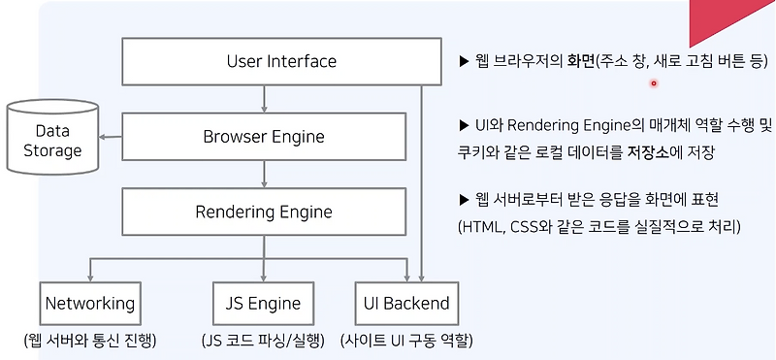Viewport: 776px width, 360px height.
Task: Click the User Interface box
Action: click(281, 61)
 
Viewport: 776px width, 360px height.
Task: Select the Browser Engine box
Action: click(264, 137)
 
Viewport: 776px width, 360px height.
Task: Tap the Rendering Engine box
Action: click(264, 212)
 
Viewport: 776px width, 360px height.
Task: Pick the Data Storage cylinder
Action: click(52, 137)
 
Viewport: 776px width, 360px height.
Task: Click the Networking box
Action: click(90, 303)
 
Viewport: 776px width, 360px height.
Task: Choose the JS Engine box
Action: click(263, 303)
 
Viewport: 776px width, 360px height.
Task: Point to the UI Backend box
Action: click(406, 303)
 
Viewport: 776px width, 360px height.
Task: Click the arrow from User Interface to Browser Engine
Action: click(264, 99)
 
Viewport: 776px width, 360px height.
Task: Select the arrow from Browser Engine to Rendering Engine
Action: click(264, 174)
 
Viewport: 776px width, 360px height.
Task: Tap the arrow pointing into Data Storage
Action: click(110, 137)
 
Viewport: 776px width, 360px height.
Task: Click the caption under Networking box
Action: click(90, 341)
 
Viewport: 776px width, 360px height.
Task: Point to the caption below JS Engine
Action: click(263, 341)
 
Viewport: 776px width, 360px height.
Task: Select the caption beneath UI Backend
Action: click(406, 341)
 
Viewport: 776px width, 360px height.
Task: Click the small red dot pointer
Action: click(653, 83)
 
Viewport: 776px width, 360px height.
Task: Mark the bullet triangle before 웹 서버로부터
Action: click(464, 200)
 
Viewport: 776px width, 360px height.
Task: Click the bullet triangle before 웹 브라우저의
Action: click(464, 62)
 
